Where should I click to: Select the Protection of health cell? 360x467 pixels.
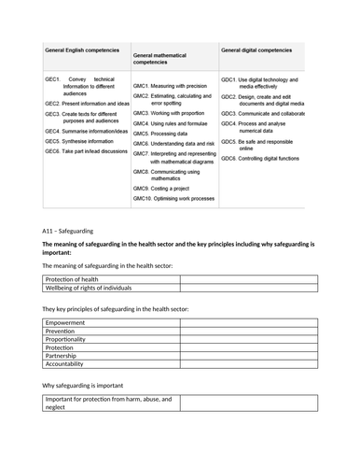[x=73, y=278]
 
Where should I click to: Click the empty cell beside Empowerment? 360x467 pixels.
[x=247, y=322]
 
